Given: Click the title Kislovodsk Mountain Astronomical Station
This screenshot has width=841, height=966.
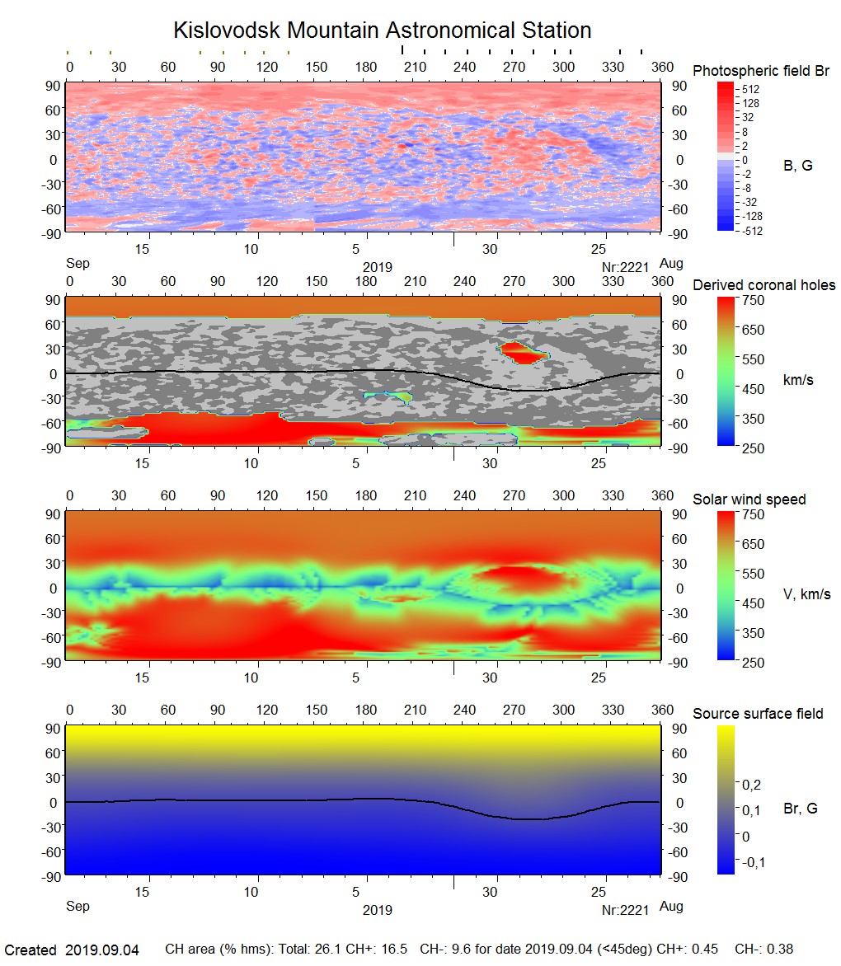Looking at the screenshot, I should [382, 31].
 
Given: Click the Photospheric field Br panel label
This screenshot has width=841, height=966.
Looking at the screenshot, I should [760, 71].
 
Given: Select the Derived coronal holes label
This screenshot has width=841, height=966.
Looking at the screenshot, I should [763, 285].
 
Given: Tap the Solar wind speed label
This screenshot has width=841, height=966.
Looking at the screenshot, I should [749, 499].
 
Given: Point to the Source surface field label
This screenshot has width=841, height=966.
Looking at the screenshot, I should [757, 714].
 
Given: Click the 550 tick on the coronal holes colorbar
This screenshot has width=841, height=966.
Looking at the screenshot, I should [754, 359].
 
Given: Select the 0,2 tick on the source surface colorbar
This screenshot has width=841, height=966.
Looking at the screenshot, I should [752, 784].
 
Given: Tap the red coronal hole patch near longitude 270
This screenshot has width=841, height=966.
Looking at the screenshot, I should [523, 353].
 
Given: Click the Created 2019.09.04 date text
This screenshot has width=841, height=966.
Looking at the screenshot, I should [72, 950].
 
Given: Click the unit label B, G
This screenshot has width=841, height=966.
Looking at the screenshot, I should [797, 166].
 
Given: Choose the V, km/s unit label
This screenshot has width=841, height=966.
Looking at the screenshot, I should [806, 594].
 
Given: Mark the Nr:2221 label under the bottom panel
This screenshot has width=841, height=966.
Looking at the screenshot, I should [626, 910].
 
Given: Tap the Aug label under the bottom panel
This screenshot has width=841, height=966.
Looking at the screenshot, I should [672, 907].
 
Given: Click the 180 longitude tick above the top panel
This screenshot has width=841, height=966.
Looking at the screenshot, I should [365, 67].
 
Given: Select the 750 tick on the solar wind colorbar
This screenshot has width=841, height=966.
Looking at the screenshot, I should [754, 514].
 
